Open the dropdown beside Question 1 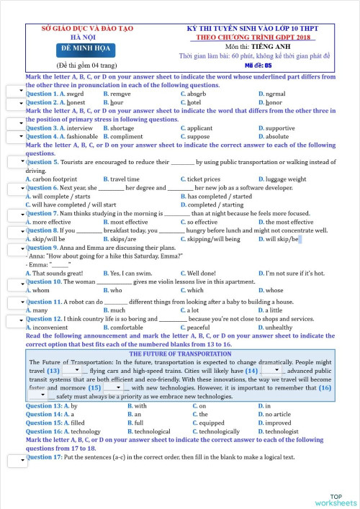(x=15, y=91)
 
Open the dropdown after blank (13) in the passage (x=72, y=370)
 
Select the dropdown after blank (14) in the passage (x=271, y=370)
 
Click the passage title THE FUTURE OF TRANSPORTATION (x=180, y=354)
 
